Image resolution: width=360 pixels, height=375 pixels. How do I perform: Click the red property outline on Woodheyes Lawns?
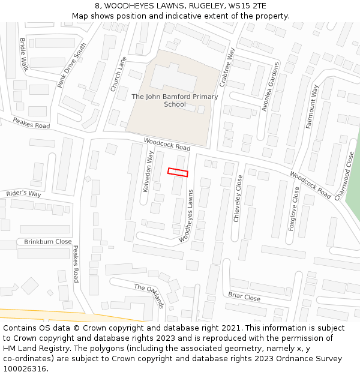click(x=178, y=172)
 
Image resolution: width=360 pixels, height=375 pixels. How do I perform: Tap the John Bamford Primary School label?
click(x=175, y=100)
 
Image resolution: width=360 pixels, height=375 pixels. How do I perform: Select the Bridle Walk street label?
click(x=24, y=55)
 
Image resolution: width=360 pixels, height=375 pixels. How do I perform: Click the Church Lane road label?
click(x=119, y=74)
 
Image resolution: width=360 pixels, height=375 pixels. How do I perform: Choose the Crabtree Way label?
click(x=227, y=67)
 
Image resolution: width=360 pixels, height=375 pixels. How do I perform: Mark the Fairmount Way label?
click(x=312, y=106)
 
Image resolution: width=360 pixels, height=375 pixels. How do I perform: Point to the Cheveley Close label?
click(x=238, y=199)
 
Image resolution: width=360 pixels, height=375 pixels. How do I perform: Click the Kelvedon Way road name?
click(x=148, y=172)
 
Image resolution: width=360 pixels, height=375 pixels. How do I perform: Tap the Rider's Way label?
click(x=23, y=194)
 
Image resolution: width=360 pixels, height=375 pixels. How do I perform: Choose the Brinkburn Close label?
click(x=47, y=242)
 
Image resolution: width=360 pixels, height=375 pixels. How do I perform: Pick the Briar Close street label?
click(x=244, y=296)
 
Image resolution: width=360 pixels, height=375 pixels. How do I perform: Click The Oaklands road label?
click(x=149, y=295)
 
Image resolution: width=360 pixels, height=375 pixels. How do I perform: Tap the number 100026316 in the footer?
click(x=25, y=368)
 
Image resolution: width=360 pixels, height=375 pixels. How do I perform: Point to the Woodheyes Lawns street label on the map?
click(x=190, y=215)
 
